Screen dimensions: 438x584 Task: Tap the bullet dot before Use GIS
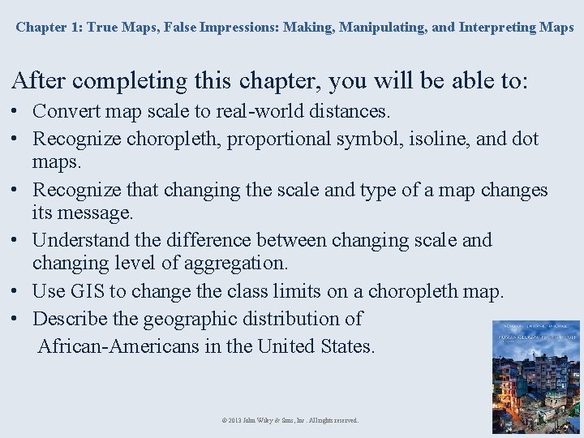click(x=17, y=291)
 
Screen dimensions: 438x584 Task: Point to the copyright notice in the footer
click(x=290, y=420)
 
